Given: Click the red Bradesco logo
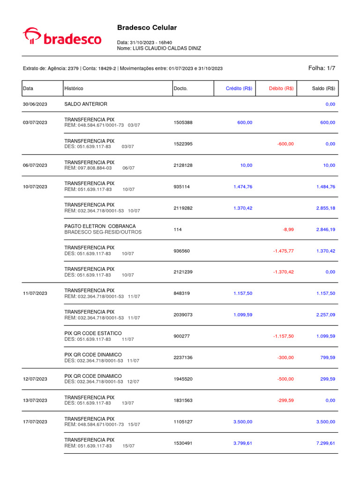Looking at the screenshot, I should pyautogui.click(x=62, y=37).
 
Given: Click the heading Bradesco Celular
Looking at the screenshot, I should pyautogui.click(x=147, y=28).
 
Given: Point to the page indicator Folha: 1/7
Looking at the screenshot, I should pyautogui.click(x=322, y=68).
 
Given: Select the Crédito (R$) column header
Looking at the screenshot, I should pyautogui.click(x=239, y=88).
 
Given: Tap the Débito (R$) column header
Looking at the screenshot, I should pyautogui.click(x=281, y=88).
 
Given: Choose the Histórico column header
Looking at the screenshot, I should pyautogui.click(x=74, y=88).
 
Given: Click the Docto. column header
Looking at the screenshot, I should pyautogui.click(x=180, y=88).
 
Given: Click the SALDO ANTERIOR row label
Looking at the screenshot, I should pyautogui.click(x=85, y=104).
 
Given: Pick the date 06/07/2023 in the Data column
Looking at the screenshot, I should pyautogui.click(x=35, y=165).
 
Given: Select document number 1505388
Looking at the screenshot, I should pyautogui.click(x=183, y=122).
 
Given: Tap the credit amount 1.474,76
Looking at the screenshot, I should pyautogui.click(x=243, y=187).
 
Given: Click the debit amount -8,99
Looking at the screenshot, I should pyautogui.click(x=288, y=229).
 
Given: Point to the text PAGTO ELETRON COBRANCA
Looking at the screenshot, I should pyautogui.click(x=100, y=226).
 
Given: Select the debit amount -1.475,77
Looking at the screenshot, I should pyautogui.click(x=283, y=251).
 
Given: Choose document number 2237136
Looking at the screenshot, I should pyautogui.click(x=183, y=357).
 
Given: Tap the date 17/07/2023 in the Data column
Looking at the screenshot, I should pyautogui.click(x=35, y=422).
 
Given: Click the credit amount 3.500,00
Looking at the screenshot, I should pyautogui.click(x=243, y=422).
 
